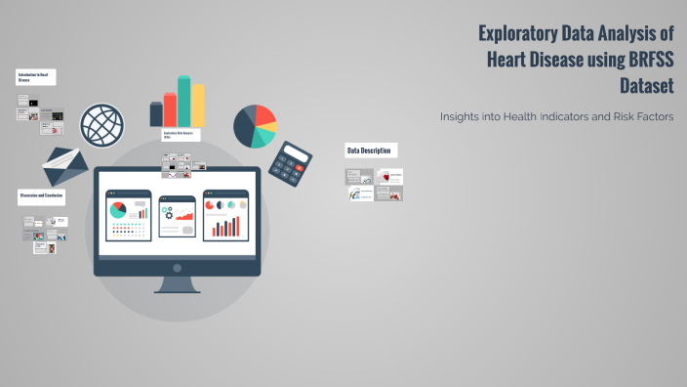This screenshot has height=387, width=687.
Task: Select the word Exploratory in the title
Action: coord(517,33)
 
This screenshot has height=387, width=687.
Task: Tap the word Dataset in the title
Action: coord(653,84)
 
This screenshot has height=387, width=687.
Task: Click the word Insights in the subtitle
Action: coord(465,116)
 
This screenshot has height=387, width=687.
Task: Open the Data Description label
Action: coord(370,150)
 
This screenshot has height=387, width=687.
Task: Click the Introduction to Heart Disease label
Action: coord(35,76)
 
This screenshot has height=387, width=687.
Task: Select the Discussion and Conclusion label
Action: coord(42,196)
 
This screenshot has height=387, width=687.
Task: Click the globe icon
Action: coord(103,125)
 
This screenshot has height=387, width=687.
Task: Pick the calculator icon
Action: coord(290,161)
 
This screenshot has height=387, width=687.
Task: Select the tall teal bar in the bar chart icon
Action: coord(183,101)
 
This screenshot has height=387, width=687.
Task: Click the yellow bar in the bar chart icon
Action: coord(198,105)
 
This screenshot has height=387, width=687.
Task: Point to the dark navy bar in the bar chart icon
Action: coord(156,114)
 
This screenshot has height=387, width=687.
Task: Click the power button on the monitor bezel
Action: coord(177,268)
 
